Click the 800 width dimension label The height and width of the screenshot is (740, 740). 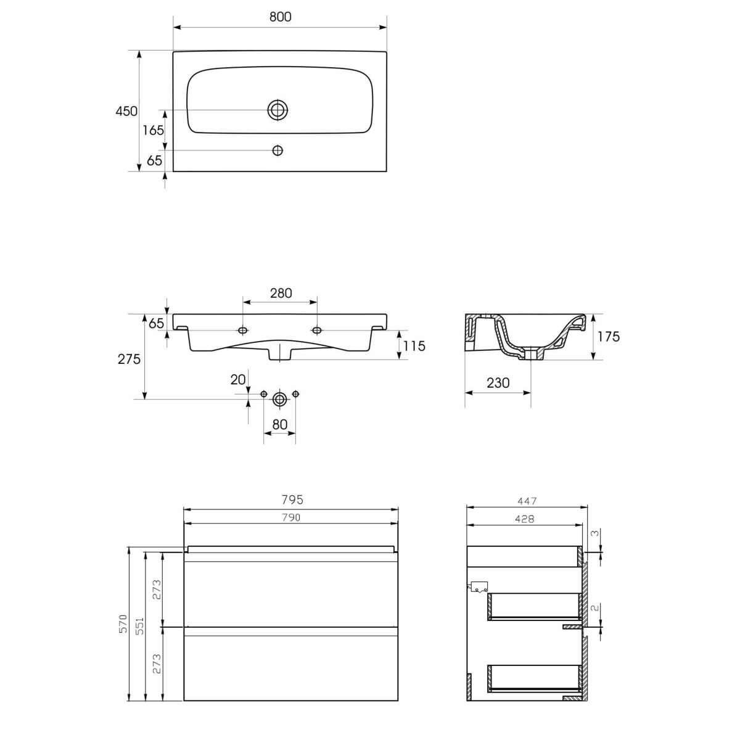click(280, 17)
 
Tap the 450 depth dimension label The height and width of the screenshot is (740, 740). click(126, 112)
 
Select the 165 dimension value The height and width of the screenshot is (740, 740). click(153, 131)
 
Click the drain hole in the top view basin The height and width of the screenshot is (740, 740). click(277, 110)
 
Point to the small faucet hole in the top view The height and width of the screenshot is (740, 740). click(277, 150)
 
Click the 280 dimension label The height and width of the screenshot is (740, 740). click(281, 294)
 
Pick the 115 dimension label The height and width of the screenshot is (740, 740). click(414, 346)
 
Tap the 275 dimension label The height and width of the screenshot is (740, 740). click(129, 359)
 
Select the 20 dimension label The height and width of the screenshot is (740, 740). click(237, 380)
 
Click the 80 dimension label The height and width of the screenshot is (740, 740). click(279, 424)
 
